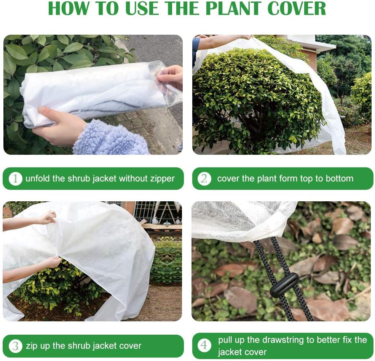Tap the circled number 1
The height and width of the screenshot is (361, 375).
[15, 178]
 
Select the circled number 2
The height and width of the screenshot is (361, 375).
[204, 178]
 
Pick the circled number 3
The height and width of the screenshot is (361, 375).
[15, 346]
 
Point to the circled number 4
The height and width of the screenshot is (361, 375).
[204, 346]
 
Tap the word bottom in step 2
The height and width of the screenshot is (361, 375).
[339, 178]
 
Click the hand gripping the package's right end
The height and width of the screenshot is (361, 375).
[171, 76]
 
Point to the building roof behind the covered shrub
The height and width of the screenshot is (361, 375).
[312, 44]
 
